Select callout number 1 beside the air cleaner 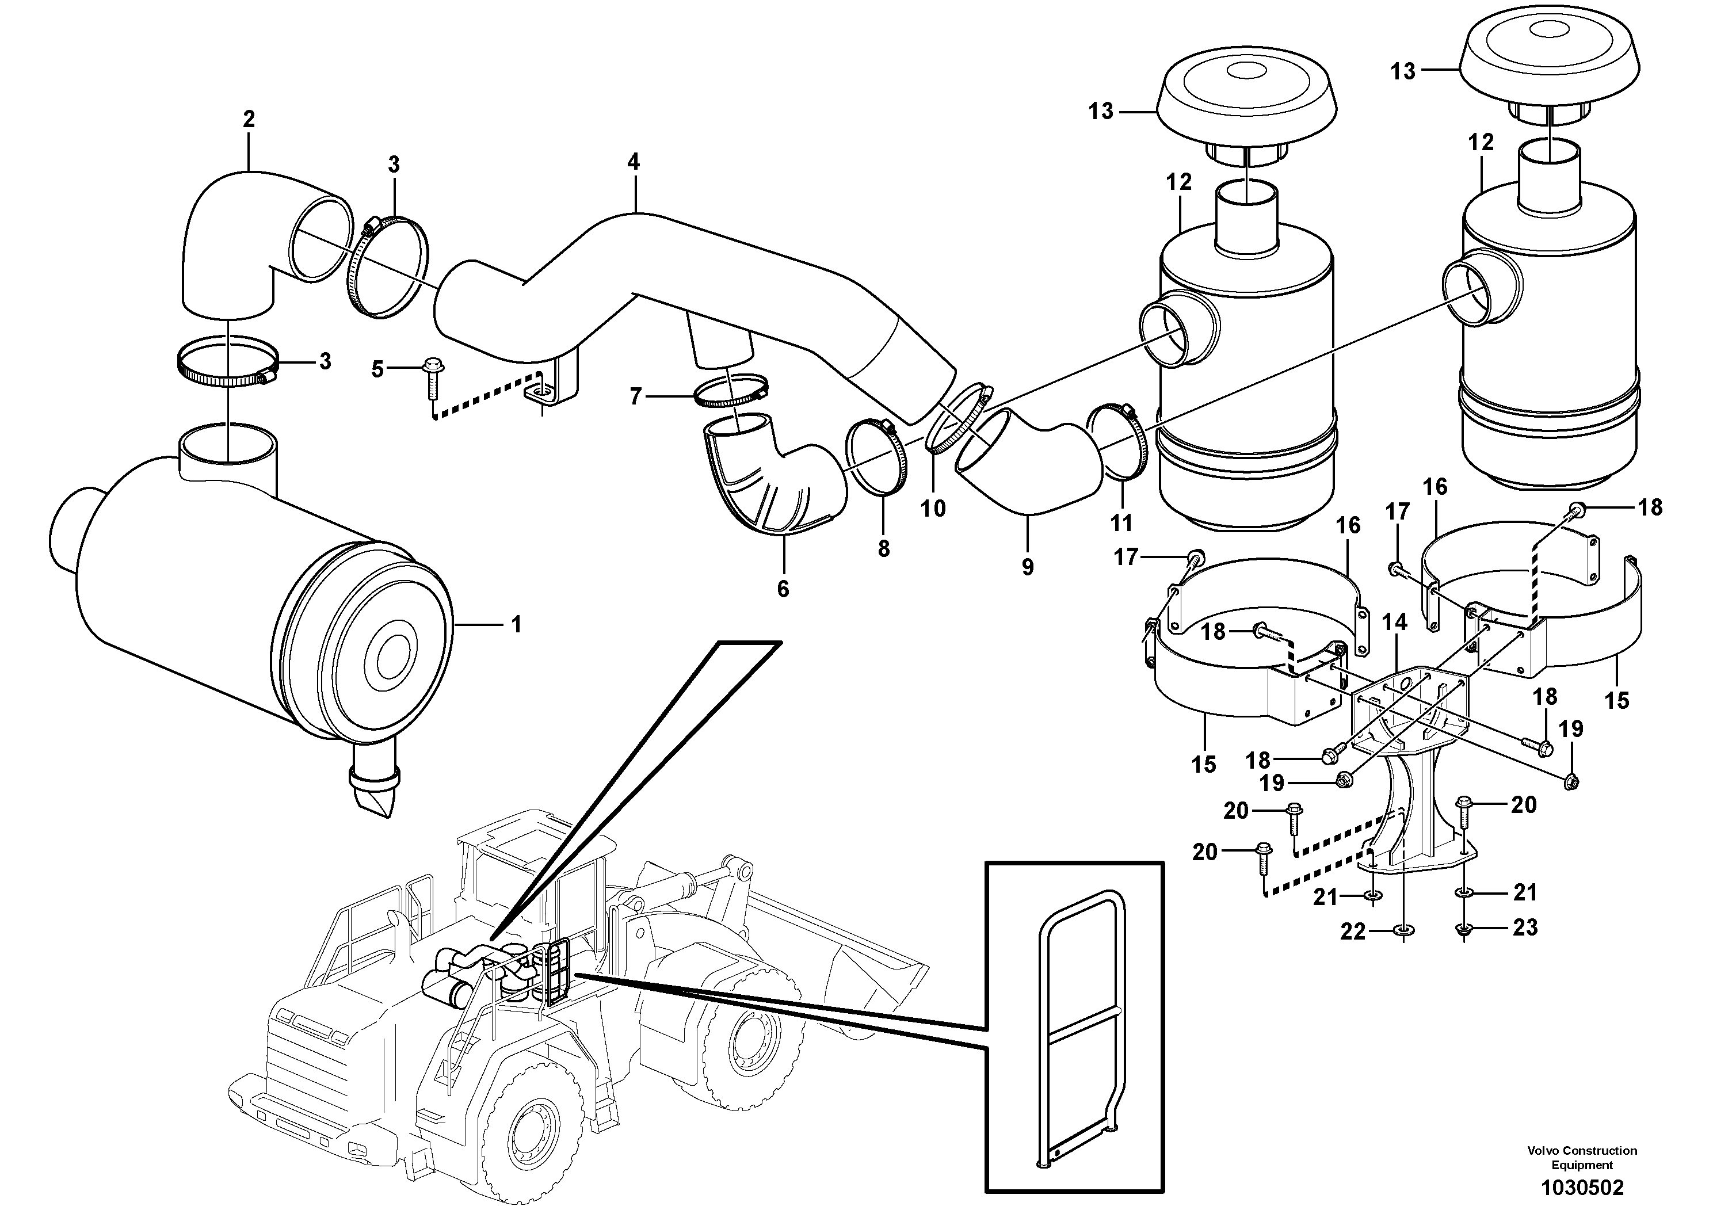click(516, 624)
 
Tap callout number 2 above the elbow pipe click(249, 119)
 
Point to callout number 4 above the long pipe click(633, 161)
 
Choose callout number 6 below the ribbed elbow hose click(783, 589)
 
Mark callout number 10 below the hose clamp click(933, 509)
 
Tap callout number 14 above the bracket click(1394, 621)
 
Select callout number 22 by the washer click(1353, 931)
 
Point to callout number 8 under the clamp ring click(883, 548)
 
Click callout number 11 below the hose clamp click(1121, 523)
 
